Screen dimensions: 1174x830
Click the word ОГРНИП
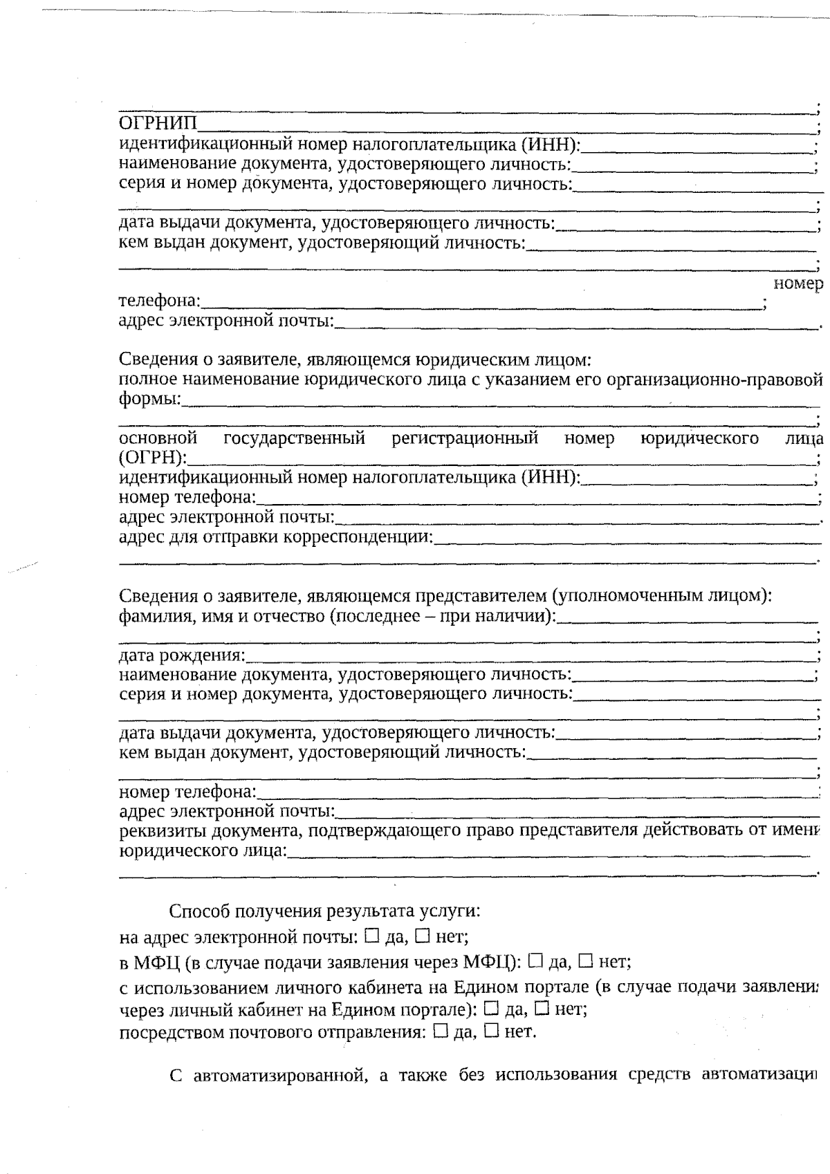[158, 124]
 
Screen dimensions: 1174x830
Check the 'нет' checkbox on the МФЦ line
[585, 960]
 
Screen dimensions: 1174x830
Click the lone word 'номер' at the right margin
[798, 283]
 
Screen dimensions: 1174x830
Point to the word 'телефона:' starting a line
[160, 301]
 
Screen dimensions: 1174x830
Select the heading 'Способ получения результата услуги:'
[324, 911]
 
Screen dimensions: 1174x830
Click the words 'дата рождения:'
[183, 654]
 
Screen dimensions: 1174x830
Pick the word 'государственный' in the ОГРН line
[294, 438]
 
